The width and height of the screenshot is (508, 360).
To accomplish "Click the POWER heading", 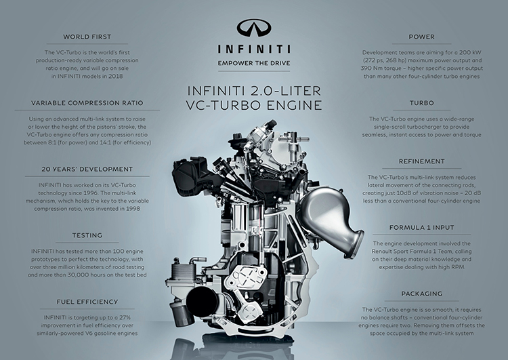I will pos(421,36).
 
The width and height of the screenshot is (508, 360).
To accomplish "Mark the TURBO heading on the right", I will pos(421,102).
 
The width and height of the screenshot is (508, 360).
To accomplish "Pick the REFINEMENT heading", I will pos(421,162).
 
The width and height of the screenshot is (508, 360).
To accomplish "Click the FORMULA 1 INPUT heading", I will pos(421,228).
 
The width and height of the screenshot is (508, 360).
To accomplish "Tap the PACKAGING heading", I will pos(421,294).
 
